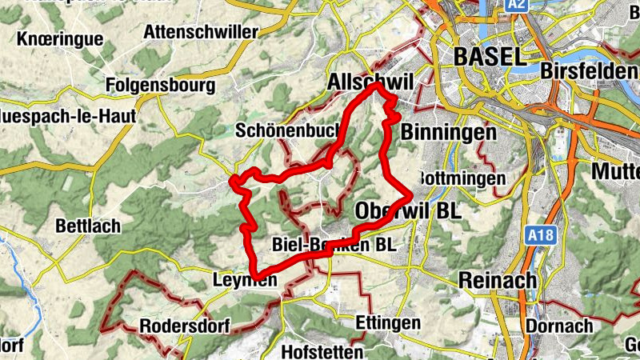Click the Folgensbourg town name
[x=161, y=84]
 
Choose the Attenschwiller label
[x=201, y=32]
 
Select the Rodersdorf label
[x=185, y=326]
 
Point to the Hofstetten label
[x=322, y=351]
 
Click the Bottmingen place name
[x=463, y=178]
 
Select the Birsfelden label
[x=589, y=70]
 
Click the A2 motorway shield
[x=517, y=6]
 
